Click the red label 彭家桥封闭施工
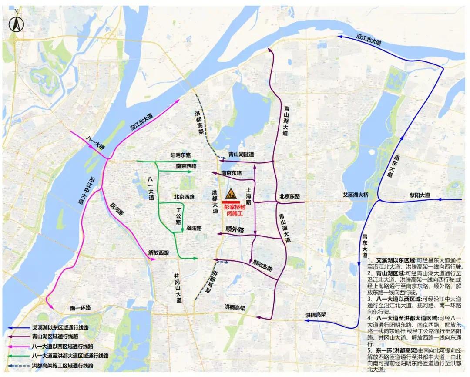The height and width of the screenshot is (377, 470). tap(234, 210)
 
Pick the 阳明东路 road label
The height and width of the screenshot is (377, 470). tap(181, 155)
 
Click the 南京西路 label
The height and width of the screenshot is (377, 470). tap(186, 166)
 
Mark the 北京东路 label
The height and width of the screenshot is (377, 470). tap(290, 196)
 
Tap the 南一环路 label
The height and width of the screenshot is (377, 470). tap(81, 308)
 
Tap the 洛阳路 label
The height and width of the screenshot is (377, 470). tap(194, 228)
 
